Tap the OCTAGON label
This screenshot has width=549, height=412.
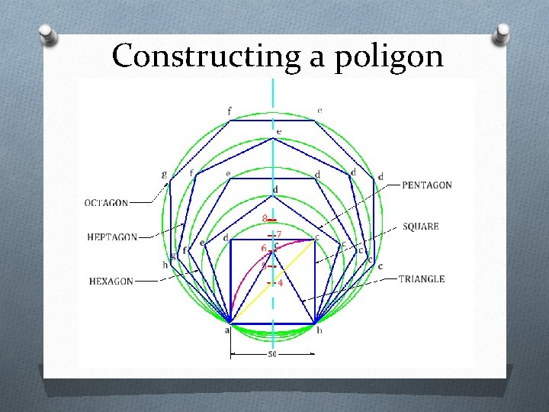coord(106,203)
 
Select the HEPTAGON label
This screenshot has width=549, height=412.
coord(111,237)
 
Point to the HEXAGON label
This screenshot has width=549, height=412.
coord(111,282)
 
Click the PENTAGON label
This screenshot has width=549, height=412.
coord(426,185)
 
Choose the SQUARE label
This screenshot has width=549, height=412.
coord(420,227)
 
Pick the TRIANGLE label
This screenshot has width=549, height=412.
coord(421,279)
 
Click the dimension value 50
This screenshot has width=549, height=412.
coord(272,354)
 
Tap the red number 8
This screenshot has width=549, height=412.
coord(265,218)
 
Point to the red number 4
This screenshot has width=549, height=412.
coord(280,283)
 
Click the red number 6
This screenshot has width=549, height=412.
coord(264,249)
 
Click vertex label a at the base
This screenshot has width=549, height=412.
coord(227,330)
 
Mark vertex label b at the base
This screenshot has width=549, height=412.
coord(319,330)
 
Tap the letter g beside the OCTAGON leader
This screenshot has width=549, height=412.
coord(165,174)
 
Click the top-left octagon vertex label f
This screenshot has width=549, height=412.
coord(230,111)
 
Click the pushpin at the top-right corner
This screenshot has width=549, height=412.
coord(502,33)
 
